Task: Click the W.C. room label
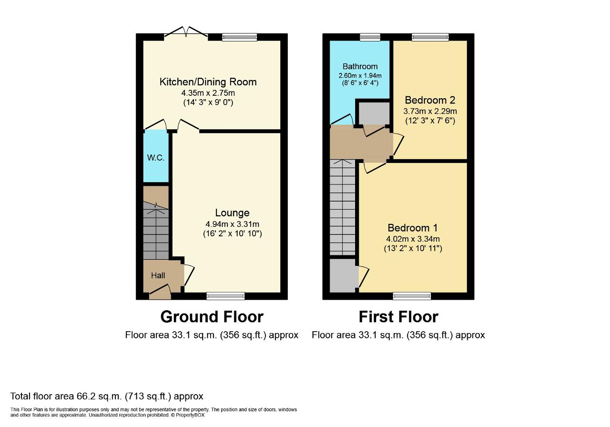[x=156, y=158]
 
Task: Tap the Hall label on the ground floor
[x=158, y=275]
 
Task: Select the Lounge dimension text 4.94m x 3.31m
[x=232, y=224]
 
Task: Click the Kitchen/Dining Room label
[x=208, y=82]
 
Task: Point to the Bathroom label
[x=360, y=66]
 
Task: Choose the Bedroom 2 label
[x=430, y=100]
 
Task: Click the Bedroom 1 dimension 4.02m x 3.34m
[x=413, y=239]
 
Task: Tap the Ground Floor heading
[x=212, y=317]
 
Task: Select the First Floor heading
[x=398, y=317]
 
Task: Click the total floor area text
[x=107, y=396]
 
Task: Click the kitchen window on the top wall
[x=239, y=37]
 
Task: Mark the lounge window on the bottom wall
[x=225, y=296]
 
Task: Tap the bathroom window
[x=370, y=37]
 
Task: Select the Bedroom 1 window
[x=412, y=296]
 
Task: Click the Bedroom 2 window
[x=430, y=37]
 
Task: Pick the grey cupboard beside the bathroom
[x=374, y=113]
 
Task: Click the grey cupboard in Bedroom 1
[x=343, y=275]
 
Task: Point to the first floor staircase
[x=343, y=207]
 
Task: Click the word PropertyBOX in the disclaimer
[x=190, y=415]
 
